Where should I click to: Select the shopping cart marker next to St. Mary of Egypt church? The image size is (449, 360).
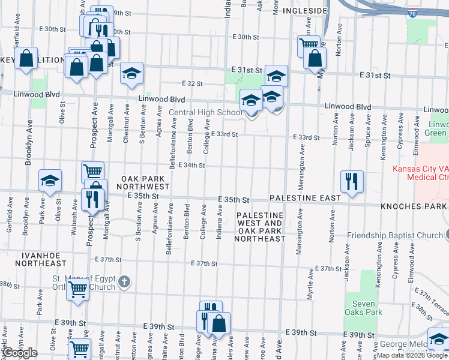point(78,289)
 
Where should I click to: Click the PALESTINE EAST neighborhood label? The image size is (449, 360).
point(305,197)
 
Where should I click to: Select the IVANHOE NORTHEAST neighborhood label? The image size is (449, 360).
point(41,259)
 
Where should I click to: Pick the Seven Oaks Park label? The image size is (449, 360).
point(364,308)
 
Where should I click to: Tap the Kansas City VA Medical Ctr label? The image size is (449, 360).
point(420,173)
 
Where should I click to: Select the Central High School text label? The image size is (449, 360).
point(205,112)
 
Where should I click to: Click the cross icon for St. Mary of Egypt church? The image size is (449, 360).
point(124,281)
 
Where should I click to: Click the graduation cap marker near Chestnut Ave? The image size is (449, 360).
point(131,73)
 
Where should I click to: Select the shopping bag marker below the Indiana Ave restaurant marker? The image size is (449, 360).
point(219,323)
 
